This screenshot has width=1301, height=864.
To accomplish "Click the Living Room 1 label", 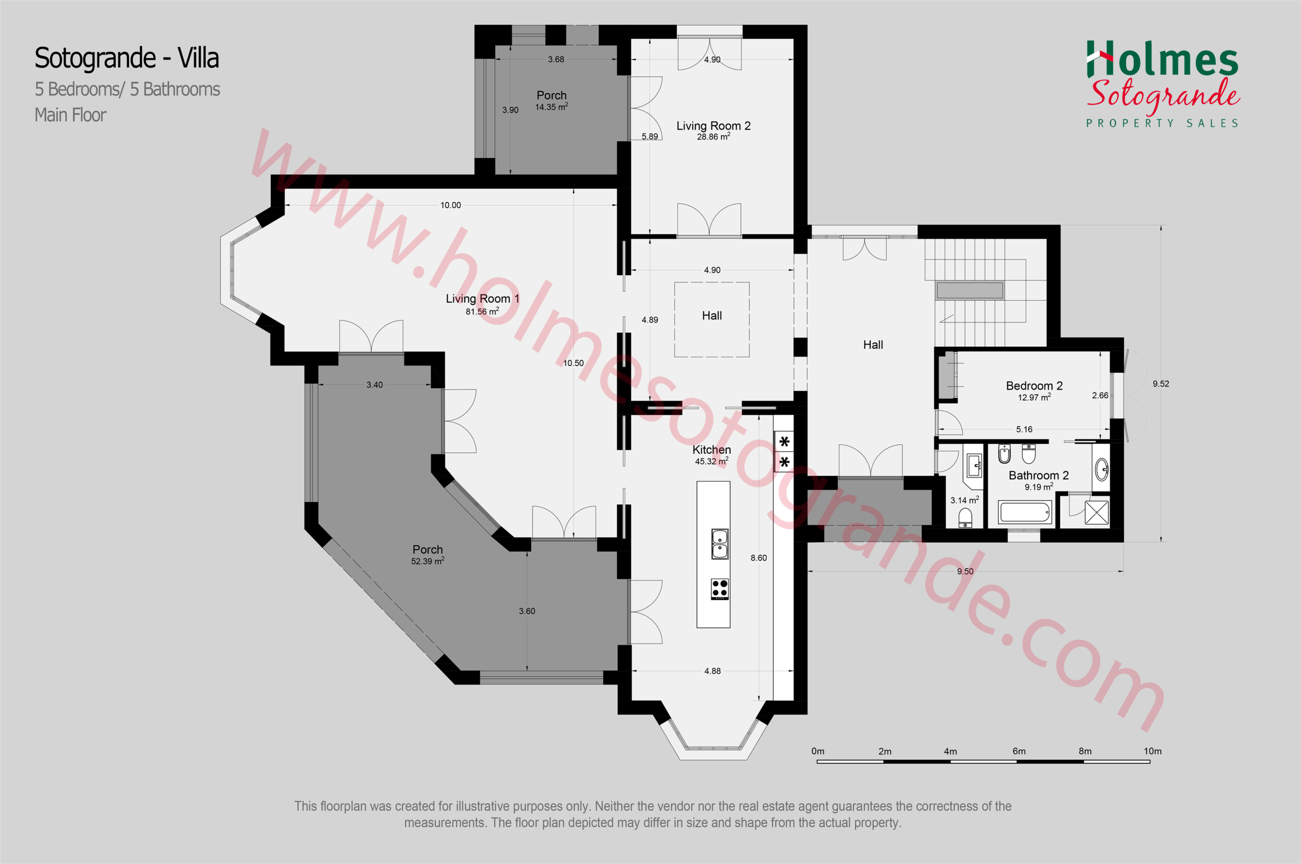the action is (x=482, y=299).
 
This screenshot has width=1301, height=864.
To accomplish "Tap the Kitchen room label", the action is (x=711, y=450).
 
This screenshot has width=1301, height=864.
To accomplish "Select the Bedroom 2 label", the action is (x=1034, y=386).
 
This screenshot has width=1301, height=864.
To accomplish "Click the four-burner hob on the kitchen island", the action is (x=720, y=589).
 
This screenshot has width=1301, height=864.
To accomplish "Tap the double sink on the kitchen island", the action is (x=720, y=544).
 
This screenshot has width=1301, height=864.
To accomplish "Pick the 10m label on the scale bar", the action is (x=1152, y=751).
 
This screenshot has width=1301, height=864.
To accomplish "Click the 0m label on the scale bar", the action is (x=818, y=751).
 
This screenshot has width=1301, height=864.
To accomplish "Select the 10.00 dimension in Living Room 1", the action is (x=450, y=205).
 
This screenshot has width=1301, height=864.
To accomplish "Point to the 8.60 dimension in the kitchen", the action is (x=759, y=558).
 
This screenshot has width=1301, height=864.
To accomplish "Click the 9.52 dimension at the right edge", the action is (x=1161, y=383).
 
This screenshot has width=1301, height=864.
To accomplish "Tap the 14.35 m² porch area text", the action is (x=551, y=107).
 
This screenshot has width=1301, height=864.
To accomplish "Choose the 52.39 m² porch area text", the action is (x=428, y=561).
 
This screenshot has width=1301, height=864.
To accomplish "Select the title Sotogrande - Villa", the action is (x=127, y=58).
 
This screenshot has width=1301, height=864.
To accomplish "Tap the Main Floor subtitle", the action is (x=71, y=115).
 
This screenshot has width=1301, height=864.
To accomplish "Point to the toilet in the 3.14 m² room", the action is (x=965, y=518).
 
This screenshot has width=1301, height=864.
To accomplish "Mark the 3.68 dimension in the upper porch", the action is (x=555, y=59).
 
